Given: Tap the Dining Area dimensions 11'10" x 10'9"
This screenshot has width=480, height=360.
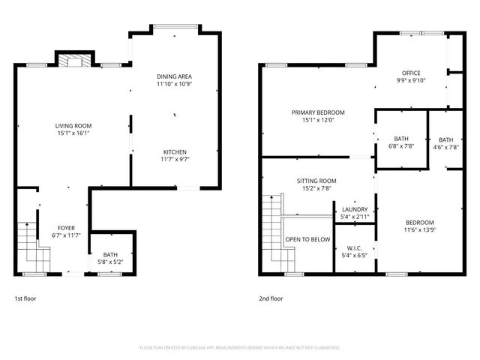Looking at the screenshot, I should (175, 85).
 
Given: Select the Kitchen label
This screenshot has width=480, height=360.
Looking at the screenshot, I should (175, 151).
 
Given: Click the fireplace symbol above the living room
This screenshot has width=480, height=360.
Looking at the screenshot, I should (74, 61).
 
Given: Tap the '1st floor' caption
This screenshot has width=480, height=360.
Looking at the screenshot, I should (25, 298).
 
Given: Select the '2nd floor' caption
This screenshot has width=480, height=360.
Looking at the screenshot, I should (271, 298).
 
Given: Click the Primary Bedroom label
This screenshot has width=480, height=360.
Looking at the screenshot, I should (313, 112).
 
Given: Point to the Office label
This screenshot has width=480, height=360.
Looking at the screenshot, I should (410, 73).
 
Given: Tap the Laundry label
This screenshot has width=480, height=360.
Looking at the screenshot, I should (354, 209).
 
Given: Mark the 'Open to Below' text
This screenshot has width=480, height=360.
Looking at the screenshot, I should (307, 239).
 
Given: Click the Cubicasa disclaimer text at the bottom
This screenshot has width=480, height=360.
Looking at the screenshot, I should (239, 348).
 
